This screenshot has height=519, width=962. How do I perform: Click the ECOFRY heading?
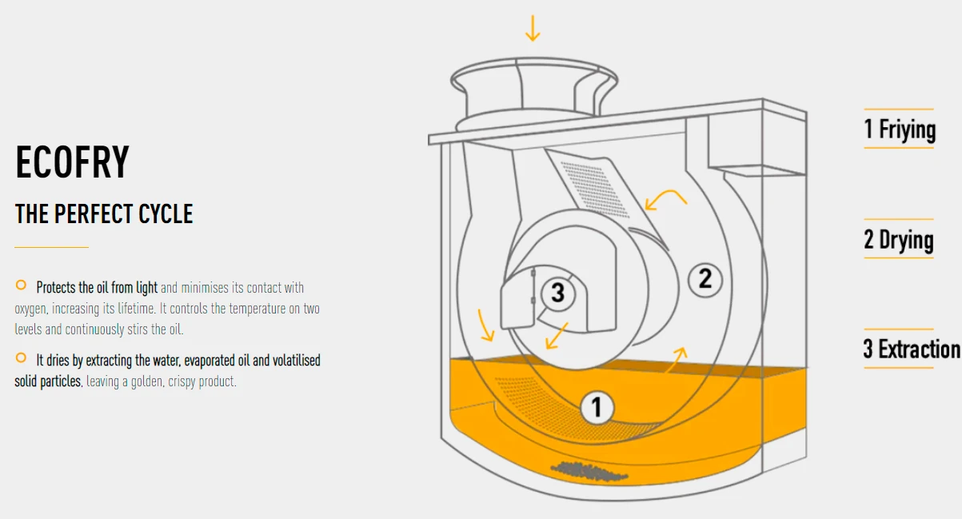[72, 162]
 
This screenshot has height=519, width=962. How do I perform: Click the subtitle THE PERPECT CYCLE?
[104, 214]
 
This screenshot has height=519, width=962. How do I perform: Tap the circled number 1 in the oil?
[597, 407]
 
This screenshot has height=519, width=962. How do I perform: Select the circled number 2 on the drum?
[705, 280]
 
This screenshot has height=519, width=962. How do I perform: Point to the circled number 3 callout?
[558, 293]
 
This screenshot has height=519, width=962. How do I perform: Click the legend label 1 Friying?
[900, 129]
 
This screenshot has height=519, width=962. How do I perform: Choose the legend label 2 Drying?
[899, 239]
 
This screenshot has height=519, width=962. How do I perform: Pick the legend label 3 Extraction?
[912, 349]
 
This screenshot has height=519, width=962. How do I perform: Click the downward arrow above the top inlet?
[533, 28]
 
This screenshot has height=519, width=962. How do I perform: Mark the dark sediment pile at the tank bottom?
[589, 471]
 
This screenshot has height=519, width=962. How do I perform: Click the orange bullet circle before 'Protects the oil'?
[21, 285]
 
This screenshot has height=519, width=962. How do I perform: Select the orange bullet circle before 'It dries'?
[21, 357]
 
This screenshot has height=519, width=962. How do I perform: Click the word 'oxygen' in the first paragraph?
[30, 309]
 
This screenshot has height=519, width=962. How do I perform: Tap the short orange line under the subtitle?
[51, 247]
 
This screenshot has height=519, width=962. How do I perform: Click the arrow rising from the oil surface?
[677, 360]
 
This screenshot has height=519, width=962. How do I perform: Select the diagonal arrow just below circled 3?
[557, 336]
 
